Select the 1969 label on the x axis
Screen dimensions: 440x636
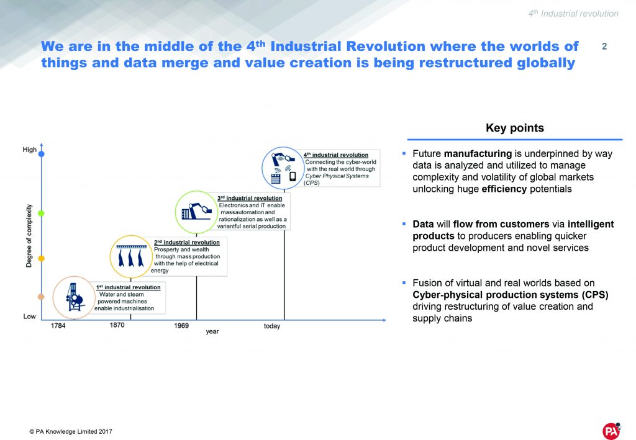click(181, 326)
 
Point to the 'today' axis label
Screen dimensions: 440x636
click(271, 326)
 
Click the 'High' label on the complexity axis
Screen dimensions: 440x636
click(29, 150)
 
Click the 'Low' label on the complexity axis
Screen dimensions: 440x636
click(29, 317)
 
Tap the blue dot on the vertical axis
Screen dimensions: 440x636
click(42, 153)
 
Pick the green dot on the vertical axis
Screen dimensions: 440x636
click(42, 213)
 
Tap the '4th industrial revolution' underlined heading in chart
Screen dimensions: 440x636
click(336, 155)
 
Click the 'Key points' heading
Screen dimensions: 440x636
click(514, 128)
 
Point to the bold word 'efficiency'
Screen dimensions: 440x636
click(504, 189)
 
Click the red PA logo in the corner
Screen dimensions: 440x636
click(611, 431)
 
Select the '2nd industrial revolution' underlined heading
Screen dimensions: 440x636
click(186, 242)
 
